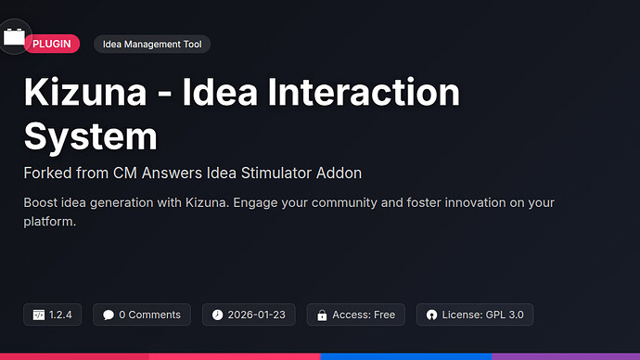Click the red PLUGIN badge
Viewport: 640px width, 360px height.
pos(51,44)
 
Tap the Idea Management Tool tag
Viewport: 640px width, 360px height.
pos(153,44)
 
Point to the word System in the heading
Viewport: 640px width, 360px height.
pos(90,136)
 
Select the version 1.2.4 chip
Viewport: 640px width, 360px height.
pos(54,315)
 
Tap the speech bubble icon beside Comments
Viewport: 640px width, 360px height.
pos(109,315)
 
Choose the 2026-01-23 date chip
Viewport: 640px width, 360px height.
pos(250,315)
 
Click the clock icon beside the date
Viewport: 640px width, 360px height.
pos(217,315)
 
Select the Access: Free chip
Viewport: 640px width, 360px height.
pos(356,315)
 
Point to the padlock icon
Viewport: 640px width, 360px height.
pos(322,315)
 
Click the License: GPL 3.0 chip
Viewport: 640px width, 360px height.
pos(475,315)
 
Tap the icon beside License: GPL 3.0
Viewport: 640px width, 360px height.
pos(431,315)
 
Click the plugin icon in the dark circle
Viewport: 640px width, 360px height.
pos(14,37)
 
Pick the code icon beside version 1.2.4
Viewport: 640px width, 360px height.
pos(39,315)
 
